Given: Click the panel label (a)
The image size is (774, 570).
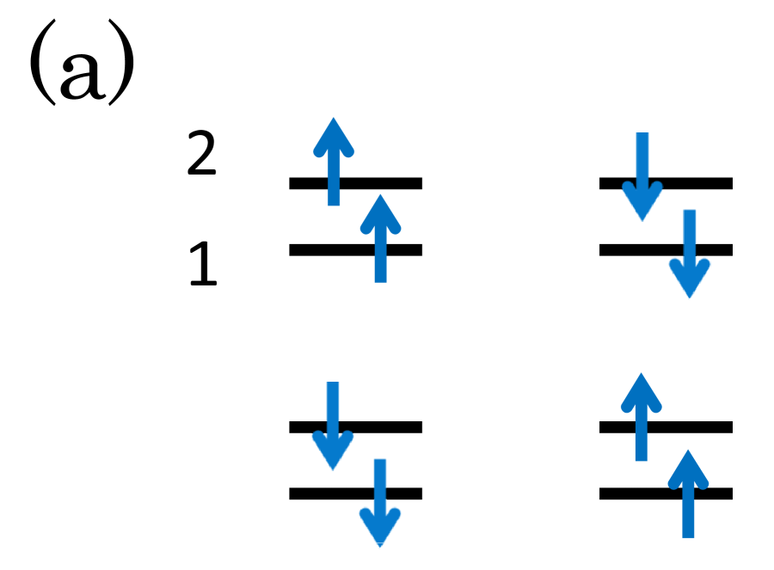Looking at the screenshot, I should pyautogui.click(x=82, y=64).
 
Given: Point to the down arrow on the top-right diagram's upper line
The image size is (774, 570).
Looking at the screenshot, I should pyautogui.click(x=642, y=176).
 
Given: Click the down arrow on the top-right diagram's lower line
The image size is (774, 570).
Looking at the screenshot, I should pyautogui.click(x=689, y=254).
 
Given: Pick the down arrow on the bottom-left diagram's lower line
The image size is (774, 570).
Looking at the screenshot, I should pyautogui.click(x=379, y=503).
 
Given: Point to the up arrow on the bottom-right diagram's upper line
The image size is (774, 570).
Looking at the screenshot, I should pyautogui.click(x=642, y=417).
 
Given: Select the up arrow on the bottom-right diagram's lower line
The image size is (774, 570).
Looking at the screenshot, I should pyautogui.click(x=688, y=493).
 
